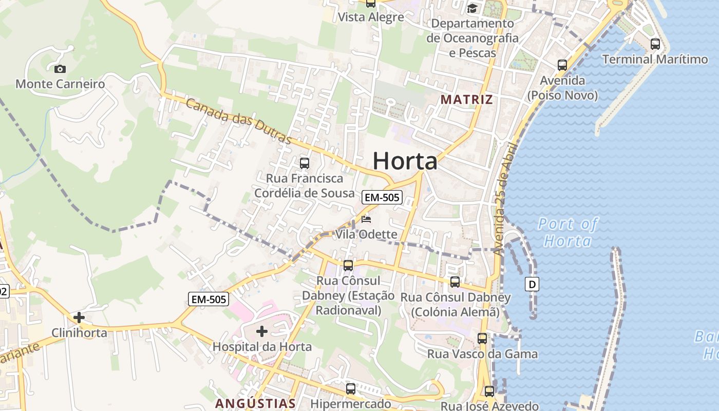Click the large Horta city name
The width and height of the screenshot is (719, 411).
pos(405,161)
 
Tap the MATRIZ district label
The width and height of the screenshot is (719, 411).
pos(467,99)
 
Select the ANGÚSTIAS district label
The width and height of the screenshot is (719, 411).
pos(255,403)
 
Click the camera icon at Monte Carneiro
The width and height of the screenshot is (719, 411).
pos(60,69)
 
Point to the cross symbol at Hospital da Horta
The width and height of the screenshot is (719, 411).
pos(262,331)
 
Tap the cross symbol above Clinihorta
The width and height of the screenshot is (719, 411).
pos(79,317)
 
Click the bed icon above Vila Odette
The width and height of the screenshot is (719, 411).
pos(366,219)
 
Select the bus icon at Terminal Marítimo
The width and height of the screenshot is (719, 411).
pos(655,44)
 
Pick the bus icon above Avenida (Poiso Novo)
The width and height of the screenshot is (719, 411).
pos(562,65)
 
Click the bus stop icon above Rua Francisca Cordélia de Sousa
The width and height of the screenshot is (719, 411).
pos(305,163)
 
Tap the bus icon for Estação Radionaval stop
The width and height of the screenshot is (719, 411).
pos(348,266)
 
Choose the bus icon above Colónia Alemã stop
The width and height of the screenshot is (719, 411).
pos(455,282)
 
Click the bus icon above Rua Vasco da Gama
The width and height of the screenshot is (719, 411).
pos(482,339)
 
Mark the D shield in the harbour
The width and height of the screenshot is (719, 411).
pos(532,284)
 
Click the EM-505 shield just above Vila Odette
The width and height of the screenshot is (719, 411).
pos(382,197)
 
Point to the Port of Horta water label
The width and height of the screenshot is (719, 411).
pos(567,232)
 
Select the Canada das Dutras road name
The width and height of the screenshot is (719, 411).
pos(238,121)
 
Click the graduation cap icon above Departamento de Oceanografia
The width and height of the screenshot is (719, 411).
pos(472,9)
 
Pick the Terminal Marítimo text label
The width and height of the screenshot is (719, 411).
pos(655,59)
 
